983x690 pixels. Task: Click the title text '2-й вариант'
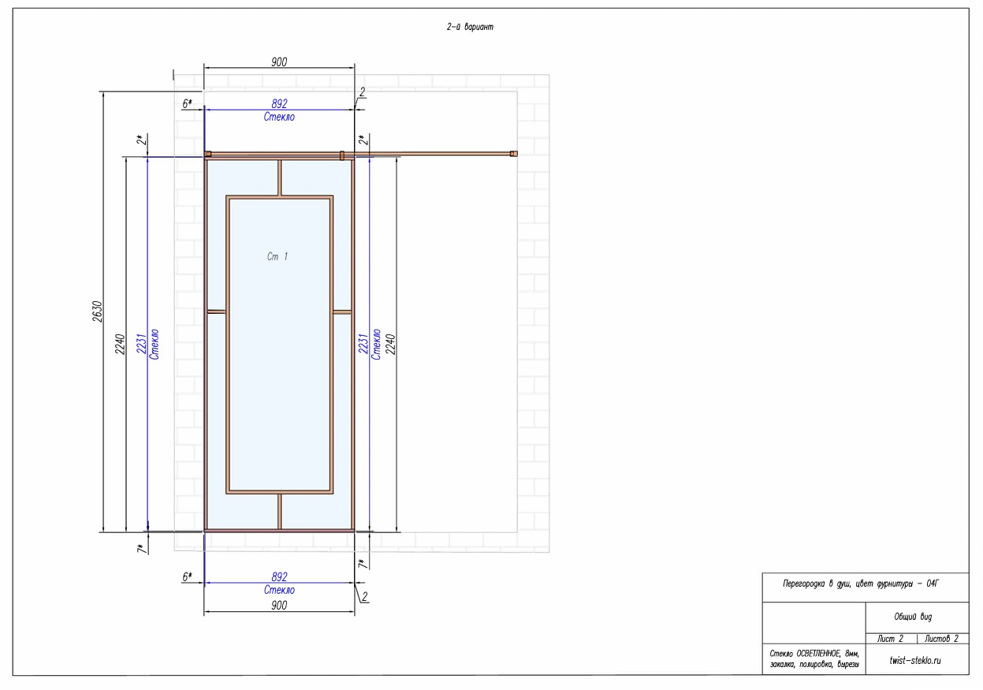[470, 27]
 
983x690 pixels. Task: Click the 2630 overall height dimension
[98, 311]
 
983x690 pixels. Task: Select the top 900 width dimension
[279, 62]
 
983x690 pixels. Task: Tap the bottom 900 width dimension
[279, 606]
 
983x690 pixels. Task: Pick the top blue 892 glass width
[280, 103]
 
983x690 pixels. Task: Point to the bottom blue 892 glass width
[280, 576]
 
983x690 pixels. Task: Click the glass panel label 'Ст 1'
[277, 256]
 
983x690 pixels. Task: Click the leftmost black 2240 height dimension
[121, 344]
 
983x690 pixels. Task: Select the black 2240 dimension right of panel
[390, 344]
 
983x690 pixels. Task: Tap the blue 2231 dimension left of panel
[141, 344]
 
